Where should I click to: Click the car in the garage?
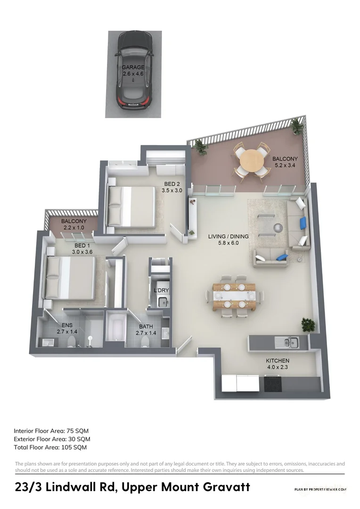pos(135,71)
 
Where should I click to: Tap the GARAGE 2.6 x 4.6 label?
pos(133,71)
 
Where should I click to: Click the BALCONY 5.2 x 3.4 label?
pos(285,163)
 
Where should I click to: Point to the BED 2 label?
pos(172,187)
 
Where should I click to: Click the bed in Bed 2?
pos(131,205)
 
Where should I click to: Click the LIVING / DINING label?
pos(228,240)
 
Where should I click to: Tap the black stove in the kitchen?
pos(274,384)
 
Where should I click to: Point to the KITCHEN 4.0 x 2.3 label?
pos(278,363)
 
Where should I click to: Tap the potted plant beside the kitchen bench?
pos(308,324)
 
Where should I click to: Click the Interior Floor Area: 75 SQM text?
pos(51,431)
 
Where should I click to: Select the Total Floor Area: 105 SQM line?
pos(50,447)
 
